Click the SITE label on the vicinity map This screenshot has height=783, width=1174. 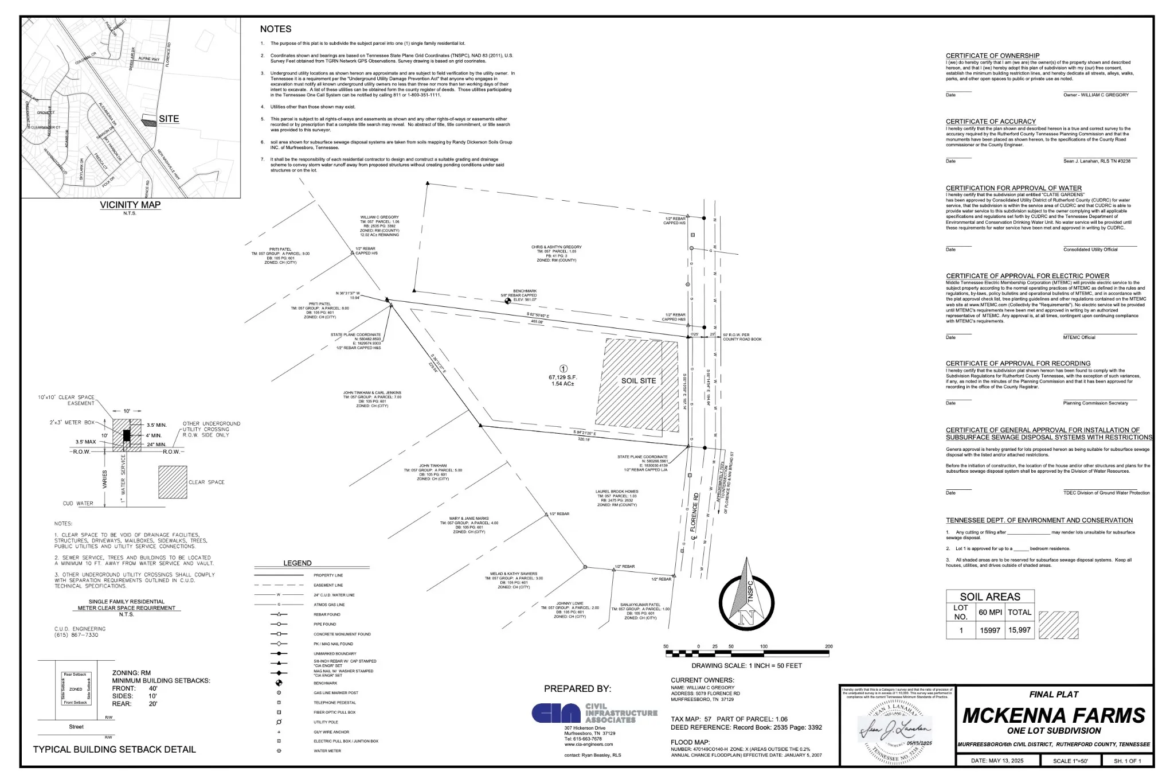click(169, 119)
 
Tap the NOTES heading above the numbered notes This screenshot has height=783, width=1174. click(276, 29)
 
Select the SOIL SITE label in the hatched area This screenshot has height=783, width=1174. click(639, 381)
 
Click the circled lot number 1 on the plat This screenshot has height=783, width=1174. click(563, 369)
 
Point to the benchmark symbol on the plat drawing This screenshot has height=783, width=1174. click(507, 301)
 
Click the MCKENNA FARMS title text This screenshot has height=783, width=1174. click(1054, 715)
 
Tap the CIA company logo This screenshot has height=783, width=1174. click(556, 713)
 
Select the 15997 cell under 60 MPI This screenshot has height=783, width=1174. click(990, 630)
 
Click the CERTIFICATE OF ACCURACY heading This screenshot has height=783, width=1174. click(991, 122)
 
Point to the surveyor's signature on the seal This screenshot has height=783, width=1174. click(895, 730)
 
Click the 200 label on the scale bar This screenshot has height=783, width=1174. click(828, 646)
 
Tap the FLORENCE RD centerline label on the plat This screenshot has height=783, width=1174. click(695, 516)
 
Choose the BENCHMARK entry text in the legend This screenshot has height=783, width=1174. click(326, 683)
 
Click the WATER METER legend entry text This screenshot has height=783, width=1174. click(327, 751)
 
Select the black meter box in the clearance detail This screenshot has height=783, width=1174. click(127, 435)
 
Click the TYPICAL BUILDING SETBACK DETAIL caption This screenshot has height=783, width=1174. click(114, 749)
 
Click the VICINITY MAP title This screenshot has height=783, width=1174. click(130, 205)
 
